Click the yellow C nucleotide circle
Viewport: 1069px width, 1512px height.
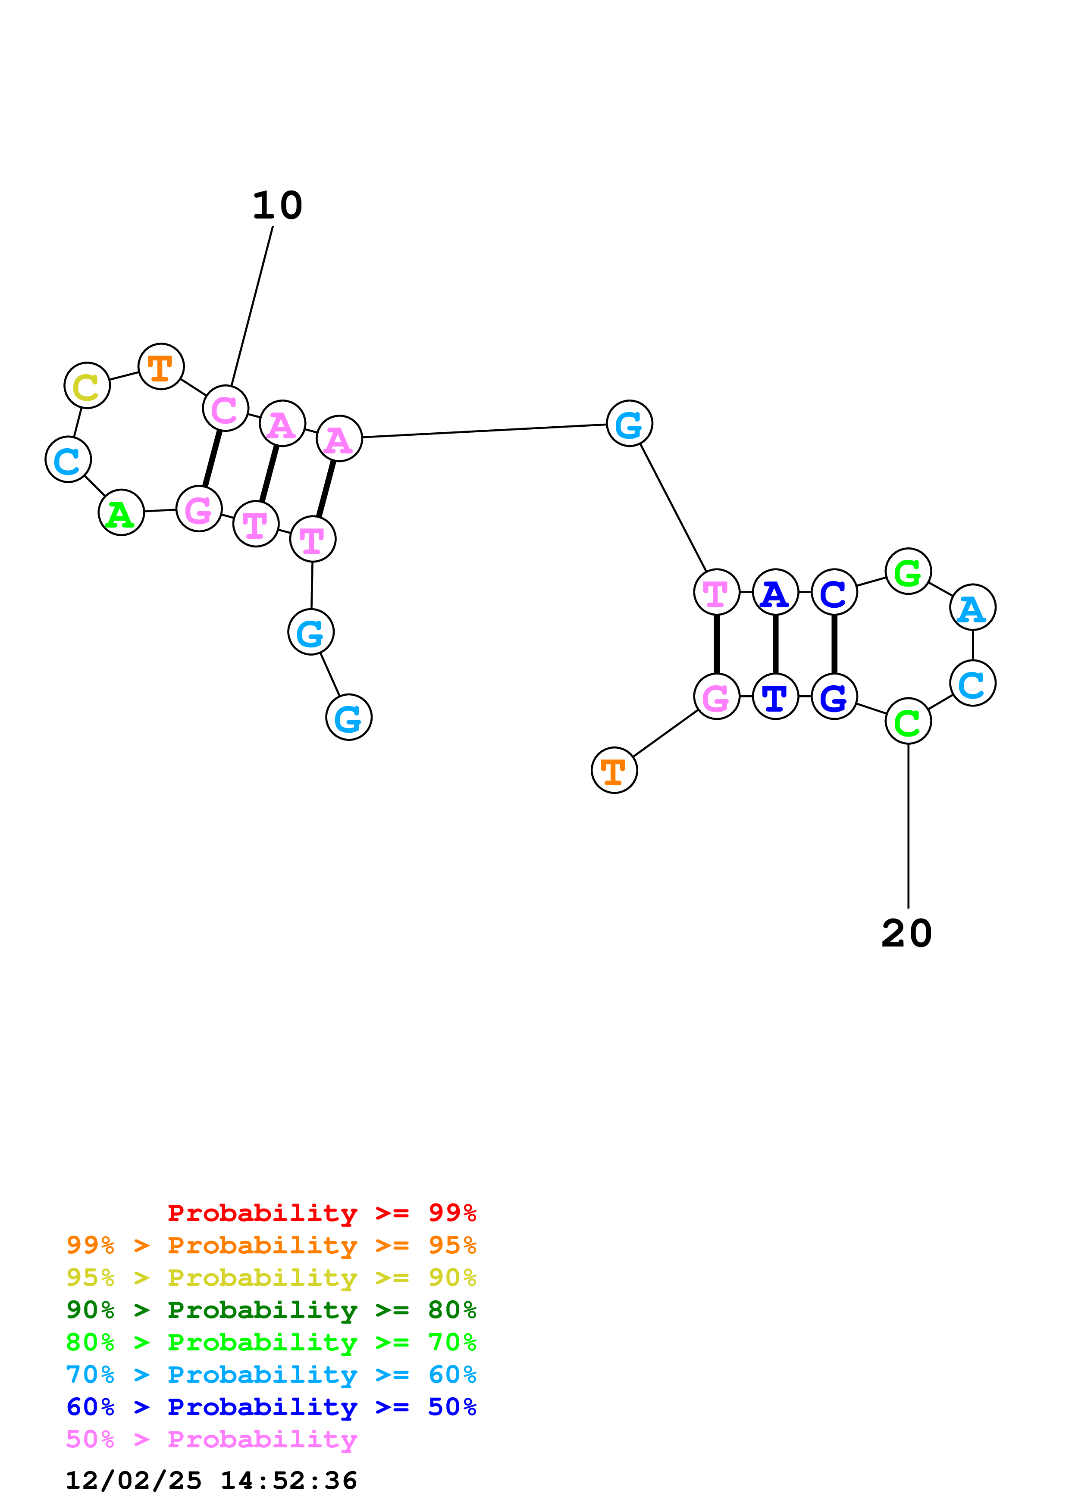[87, 385]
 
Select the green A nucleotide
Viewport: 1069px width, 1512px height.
[121, 512]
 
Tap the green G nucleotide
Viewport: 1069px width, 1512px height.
[908, 572]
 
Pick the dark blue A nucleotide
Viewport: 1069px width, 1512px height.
[775, 592]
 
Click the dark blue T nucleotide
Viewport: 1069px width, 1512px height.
[775, 696]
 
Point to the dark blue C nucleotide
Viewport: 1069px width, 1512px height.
[834, 592]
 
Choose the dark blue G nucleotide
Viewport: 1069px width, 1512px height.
[834, 696]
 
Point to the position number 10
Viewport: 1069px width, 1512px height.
[277, 206]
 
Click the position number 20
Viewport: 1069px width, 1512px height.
[906, 934]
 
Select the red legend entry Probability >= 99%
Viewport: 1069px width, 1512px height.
[321, 1213]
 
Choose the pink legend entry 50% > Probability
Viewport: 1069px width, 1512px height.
[211, 1440]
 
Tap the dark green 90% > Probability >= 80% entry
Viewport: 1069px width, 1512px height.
[271, 1310]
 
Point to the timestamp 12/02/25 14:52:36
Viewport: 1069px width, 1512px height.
[211, 1481]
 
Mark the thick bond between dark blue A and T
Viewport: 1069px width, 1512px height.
[775, 644]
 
